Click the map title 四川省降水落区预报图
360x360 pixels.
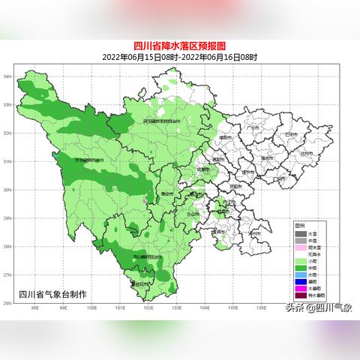(x=180, y=46)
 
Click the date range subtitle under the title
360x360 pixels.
(x=180, y=57)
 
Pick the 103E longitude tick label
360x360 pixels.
(x=175, y=308)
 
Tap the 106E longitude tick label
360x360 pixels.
(x=259, y=308)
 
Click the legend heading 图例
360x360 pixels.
(x=299, y=225)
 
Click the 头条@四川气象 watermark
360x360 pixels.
(x=319, y=307)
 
